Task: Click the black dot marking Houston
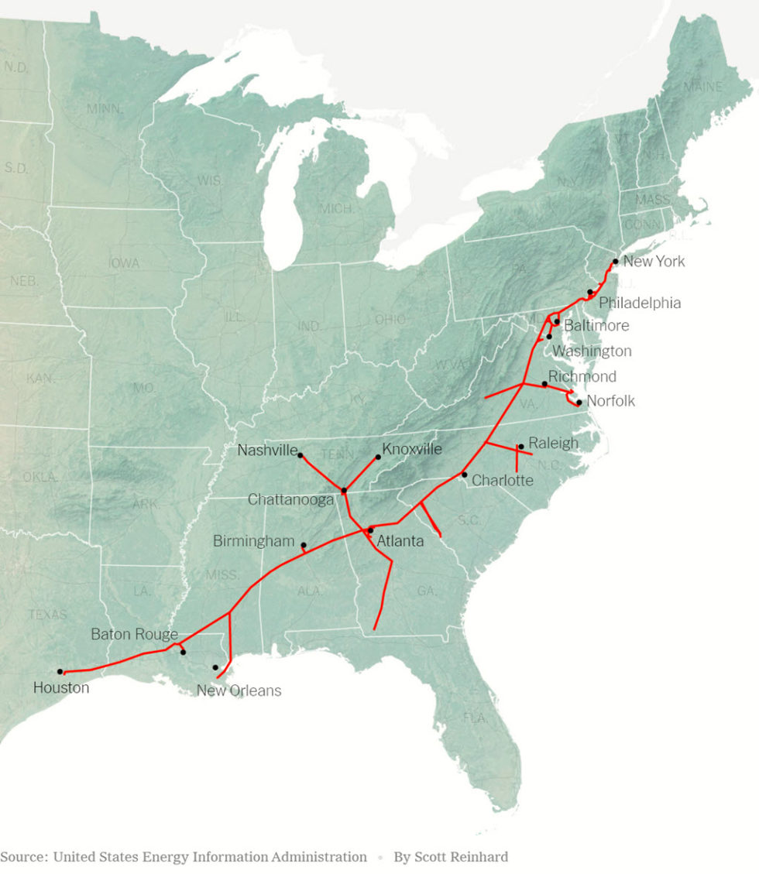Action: tap(60, 672)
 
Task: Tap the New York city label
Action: tap(654, 262)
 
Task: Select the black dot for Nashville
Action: tap(301, 455)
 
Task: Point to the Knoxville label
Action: tap(412, 449)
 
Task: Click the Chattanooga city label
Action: tap(290, 500)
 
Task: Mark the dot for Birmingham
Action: tap(304, 545)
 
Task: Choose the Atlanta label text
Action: tap(400, 541)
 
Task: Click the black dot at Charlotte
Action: tap(465, 475)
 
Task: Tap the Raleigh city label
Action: tap(553, 444)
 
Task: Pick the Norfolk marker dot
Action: tap(579, 403)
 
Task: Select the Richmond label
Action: tap(582, 377)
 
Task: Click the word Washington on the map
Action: tap(592, 351)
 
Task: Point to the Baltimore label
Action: tap(596, 326)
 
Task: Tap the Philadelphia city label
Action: tap(640, 303)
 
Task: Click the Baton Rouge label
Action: tap(135, 635)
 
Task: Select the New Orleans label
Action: tap(239, 691)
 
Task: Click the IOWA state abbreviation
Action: tap(124, 263)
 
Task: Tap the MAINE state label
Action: tap(702, 87)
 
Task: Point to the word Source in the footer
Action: tap(22, 857)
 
